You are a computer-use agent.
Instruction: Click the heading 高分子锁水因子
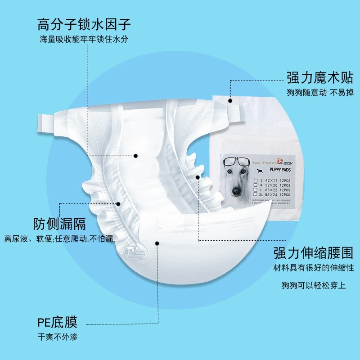point(84,23)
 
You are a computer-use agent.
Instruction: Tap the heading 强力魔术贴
point(320,78)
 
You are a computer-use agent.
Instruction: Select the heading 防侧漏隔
point(60,224)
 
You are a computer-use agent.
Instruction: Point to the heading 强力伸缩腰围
point(313,253)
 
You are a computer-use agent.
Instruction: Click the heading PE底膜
point(57,322)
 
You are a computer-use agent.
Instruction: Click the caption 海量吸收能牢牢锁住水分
point(84,39)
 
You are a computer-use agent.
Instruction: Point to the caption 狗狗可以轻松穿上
point(314,285)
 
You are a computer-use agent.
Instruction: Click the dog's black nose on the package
point(236,191)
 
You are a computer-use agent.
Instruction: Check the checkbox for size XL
point(256,195)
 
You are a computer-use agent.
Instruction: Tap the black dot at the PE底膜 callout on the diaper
point(157,243)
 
